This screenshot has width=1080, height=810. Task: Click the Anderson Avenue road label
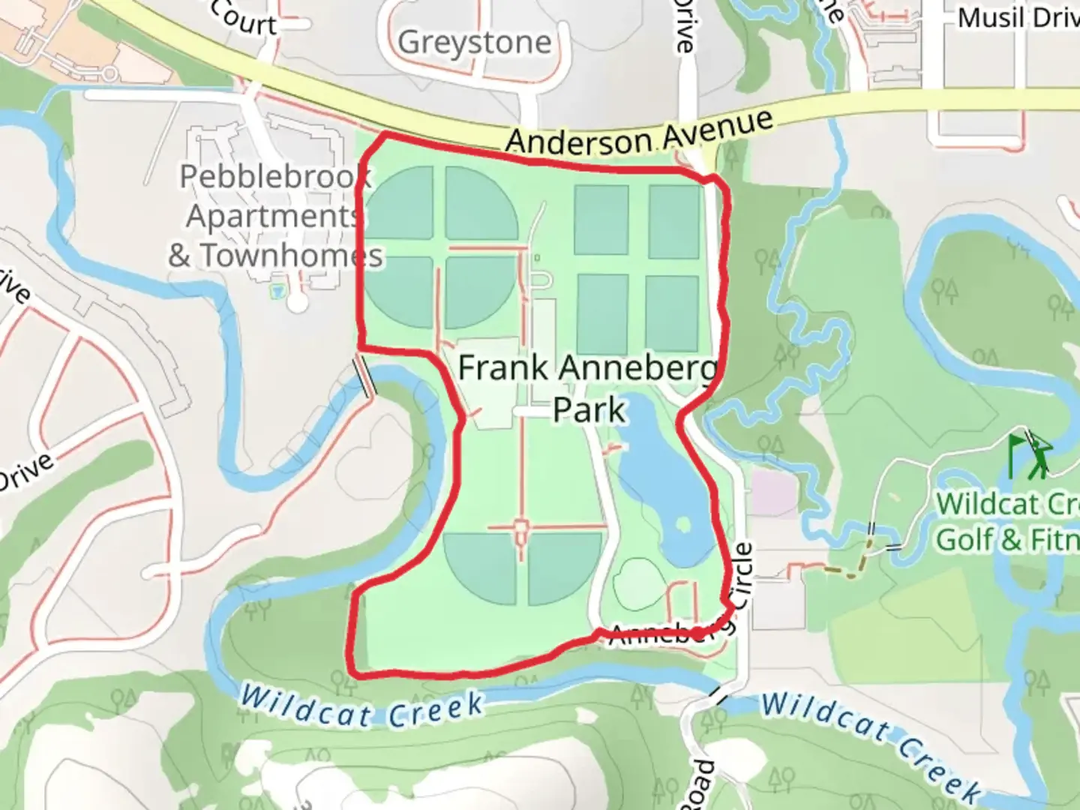point(639,134)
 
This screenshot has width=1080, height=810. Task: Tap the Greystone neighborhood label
point(474,43)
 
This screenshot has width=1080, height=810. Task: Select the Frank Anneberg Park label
point(588,388)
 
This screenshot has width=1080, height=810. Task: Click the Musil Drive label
point(1018,18)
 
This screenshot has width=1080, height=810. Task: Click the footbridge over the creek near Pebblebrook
point(364,376)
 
